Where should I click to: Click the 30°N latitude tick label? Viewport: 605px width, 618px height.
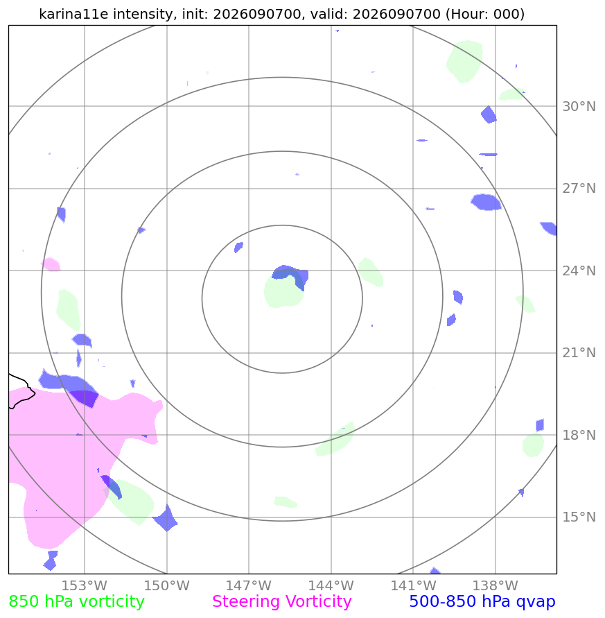click(579, 106)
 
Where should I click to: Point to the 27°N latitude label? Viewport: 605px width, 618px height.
click(579, 189)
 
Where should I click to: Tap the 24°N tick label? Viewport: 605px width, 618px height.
click(579, 271)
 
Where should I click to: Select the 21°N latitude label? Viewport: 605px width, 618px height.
click(579, 353)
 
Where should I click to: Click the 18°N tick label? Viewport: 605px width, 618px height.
click(579, 435)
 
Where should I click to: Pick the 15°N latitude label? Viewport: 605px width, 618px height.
click(579, 517)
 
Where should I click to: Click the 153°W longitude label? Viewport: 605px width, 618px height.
click(85, 585)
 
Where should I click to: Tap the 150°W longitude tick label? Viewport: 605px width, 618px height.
click(166, 585)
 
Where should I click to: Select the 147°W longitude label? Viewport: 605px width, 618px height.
click(249, 585)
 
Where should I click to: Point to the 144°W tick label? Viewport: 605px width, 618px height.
click(331, 585)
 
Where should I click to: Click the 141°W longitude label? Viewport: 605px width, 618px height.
click(413, 585)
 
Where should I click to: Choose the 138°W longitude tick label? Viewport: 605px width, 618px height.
click(495, 585)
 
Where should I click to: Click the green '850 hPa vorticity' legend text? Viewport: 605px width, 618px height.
click(76, 602)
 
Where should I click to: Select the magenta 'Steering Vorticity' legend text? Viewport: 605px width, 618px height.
click(281, 602)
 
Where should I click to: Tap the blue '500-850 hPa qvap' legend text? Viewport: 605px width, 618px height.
click(482, 602)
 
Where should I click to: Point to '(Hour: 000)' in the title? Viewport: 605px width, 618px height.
click(485, 14)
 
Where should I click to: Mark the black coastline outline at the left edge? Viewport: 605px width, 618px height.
click(24, 390)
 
